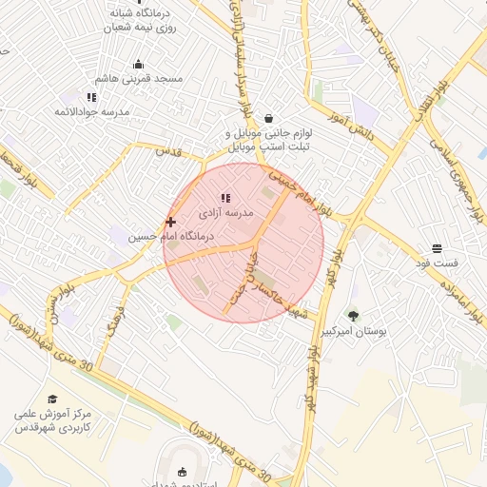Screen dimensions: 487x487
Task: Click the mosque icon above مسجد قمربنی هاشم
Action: (x=139, y=66)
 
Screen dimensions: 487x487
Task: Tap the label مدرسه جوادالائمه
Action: (x=90, y=112)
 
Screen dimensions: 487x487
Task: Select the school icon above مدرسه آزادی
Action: (x=225, y=198)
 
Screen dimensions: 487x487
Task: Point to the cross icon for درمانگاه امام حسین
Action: (x=171, y=222)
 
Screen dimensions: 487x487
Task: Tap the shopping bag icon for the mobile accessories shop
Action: (x=269, y=118)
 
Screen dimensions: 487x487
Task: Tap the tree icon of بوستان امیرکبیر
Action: (x=354, y=316)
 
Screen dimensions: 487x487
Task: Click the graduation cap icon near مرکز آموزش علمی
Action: (x=52, y=399)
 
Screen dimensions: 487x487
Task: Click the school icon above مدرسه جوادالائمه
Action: (x=91, y=97)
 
